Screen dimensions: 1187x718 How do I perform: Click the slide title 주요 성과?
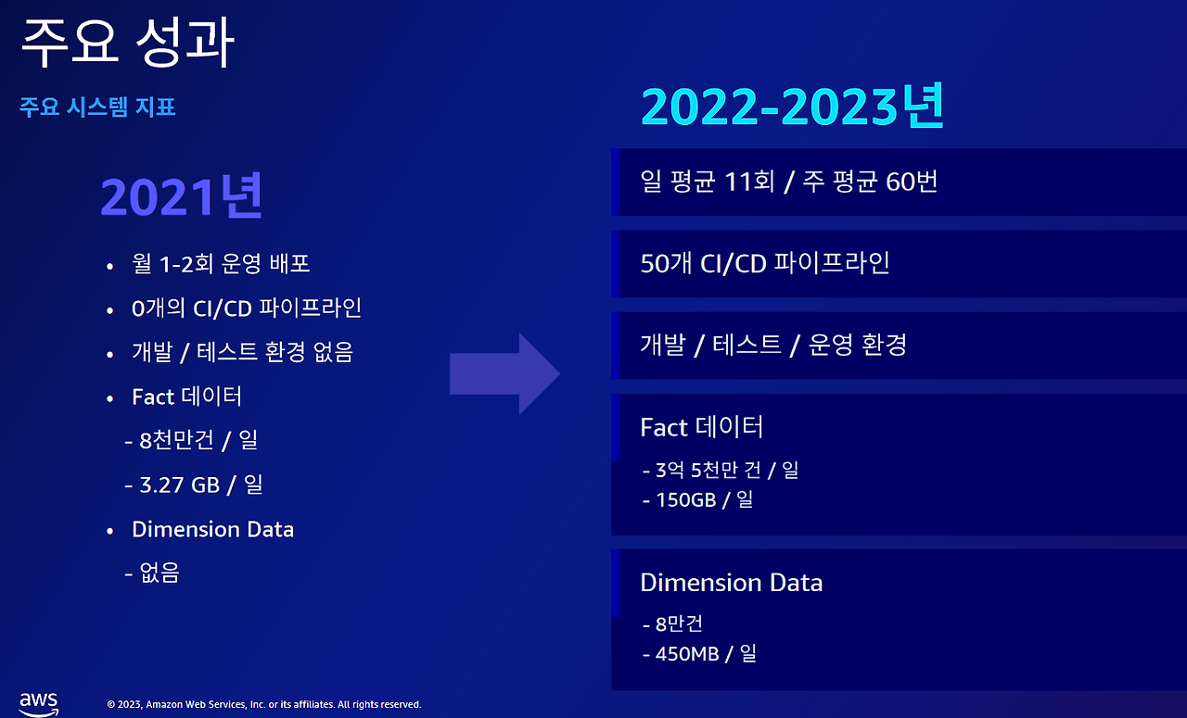click(127, 43)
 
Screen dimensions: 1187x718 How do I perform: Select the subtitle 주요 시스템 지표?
click(97, 107)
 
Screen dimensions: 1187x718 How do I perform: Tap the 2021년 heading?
click(181, 195)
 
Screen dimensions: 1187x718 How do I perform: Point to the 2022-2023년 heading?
click(792, 106)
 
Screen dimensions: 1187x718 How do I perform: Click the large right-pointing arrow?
click(504, 374)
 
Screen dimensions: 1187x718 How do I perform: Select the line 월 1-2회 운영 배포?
click(221, 263)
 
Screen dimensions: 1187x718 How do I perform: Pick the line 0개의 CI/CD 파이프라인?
click(247, 308)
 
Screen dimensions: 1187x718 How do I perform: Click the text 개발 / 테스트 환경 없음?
click(242, 352)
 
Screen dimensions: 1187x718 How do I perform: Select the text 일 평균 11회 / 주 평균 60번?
click(789, 182)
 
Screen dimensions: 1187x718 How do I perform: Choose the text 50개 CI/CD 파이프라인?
click(765, 263)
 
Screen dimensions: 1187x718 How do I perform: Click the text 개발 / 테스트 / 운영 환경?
click(773, 346)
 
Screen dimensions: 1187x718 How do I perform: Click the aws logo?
click(39, 704)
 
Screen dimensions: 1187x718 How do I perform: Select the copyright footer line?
click(264, 704)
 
